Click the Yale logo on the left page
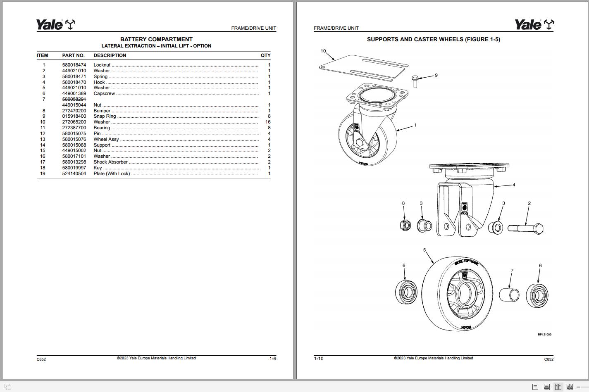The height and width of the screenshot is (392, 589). click(x=55, y=25)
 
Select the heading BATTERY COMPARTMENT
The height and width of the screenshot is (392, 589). click(x=156, y=39)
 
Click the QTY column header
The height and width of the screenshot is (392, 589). click(x=265, y=55)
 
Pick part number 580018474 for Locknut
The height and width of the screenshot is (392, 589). click(x=74, y=65)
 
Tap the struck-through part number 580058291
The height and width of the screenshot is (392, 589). click(x=74, y=99)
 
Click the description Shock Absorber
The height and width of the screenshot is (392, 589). click(x=110, y=162)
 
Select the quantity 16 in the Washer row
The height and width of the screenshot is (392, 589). click(x=268, y=122)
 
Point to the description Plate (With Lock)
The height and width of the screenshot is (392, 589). click(x=112, y=173)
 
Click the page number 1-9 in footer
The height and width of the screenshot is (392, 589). click(x=273, y=359)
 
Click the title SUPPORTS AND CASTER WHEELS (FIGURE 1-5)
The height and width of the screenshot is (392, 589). click(x=433, y=39)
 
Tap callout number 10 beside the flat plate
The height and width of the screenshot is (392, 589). click(x=323, y=51)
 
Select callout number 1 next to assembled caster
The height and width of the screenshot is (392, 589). click(x=415, y=125)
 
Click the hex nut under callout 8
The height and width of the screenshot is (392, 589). click(x=405, y=225)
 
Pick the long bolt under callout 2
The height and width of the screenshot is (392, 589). click(x=525, y=228)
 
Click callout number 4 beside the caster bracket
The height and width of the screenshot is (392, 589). click(x=514, y=185)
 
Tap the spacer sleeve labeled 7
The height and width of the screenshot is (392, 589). click(x=509, y=295)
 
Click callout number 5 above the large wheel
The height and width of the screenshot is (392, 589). click(x=424, y=250)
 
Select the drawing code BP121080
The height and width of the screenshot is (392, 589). click(x=544, y=335)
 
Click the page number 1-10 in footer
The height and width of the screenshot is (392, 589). click(x=319, y=359)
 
